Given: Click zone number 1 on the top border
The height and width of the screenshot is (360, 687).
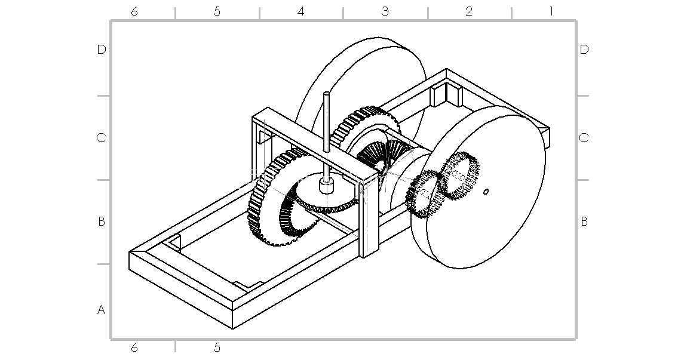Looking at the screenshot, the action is (x=551, y=11).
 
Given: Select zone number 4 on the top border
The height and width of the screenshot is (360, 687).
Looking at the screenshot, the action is (x=300, y=11).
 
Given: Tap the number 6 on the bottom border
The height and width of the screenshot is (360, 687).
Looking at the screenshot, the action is (x=134, y=347).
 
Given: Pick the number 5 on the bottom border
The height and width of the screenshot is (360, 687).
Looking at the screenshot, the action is (x=217, y=347).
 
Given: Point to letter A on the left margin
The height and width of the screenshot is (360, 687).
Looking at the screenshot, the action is (x=101, y=310).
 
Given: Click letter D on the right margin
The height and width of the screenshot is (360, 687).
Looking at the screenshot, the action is (x=584, y=50).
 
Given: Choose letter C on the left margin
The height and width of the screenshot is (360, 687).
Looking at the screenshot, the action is (x=101, y=138).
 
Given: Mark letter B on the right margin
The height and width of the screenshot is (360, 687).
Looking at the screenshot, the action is (x=584, y=221).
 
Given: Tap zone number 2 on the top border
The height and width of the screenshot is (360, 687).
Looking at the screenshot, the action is (x=469, y=11).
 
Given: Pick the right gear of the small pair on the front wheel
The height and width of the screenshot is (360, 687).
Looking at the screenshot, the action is (x=459, y=175).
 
